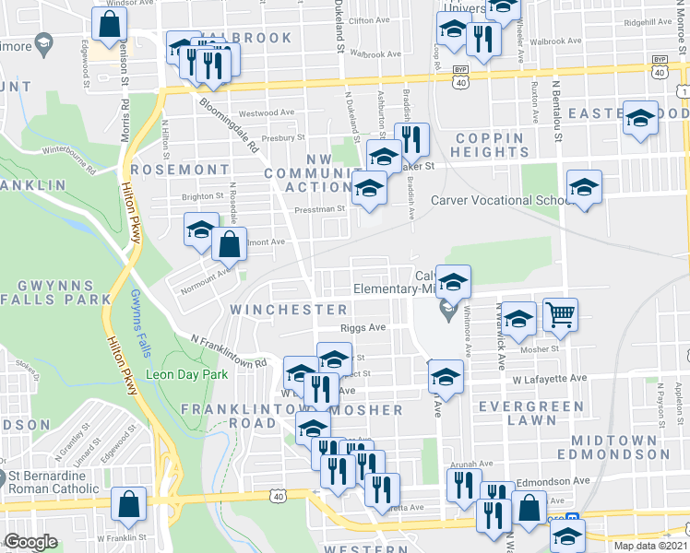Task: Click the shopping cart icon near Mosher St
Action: coord(560,315)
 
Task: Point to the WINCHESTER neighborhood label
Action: coord(289,309)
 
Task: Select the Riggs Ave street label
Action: coord(363,327)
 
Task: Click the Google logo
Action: coord(30,542)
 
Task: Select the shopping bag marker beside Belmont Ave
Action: coord(229,245)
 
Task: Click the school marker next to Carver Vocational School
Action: coord(583,188)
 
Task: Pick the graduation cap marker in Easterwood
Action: coord(640,119)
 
